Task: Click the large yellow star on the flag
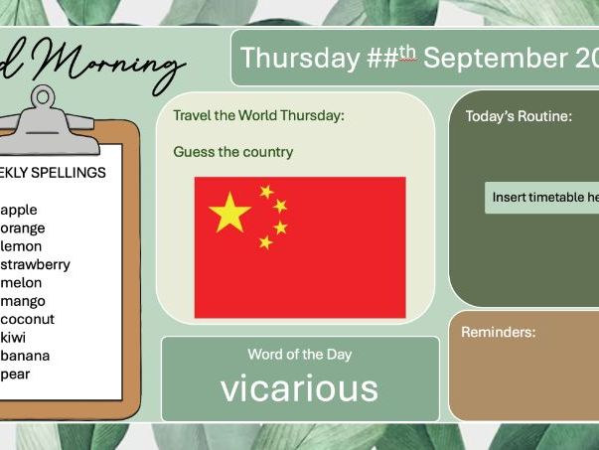[x=230, y=212]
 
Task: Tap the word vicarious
[x=299, y=388]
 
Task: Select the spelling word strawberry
[x=36, y=264]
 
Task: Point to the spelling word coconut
[x=28, y=319]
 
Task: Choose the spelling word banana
[x=26, y=356]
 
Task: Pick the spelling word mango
[x=24, y=301]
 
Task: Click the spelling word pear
[x=17, y=374]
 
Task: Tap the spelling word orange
[x=23, y=227]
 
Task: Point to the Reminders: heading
[x=498, y=332]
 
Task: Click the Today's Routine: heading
[x=519, y=116]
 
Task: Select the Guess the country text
[x=232, y=152]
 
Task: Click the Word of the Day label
[x=299, y=354]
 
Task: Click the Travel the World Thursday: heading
[x=258, y=116]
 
